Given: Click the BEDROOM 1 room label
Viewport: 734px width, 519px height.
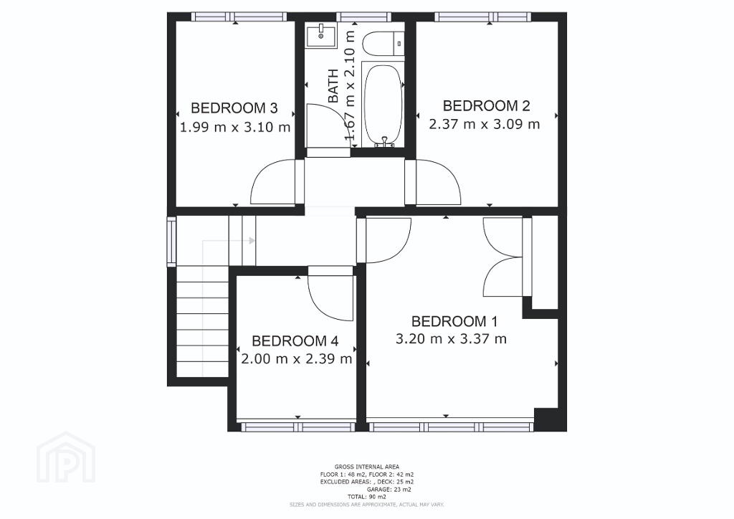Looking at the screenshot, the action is [x=454, y=322].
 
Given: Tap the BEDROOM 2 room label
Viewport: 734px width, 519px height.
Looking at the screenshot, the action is [x=487, y=106].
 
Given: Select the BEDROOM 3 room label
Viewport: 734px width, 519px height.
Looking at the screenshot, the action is [x=234, y=108].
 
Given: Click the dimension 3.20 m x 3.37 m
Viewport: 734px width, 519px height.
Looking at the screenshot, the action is [x=452, y=339].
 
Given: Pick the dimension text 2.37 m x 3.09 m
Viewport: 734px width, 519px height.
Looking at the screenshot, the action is [x=485, y=125].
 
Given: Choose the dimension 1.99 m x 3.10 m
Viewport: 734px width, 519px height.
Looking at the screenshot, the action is [x=235, y=128].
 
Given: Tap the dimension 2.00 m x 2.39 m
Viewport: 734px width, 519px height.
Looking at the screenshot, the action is [x=297, y=359].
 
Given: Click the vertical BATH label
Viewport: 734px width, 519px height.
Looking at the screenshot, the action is [x=333, y=85].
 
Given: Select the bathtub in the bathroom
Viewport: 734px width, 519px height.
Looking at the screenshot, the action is [x=383, y=106].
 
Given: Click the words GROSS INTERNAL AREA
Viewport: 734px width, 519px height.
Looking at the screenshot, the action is [x=366, y=467].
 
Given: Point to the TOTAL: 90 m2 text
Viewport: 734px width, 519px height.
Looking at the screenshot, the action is [x=366, y=497].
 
